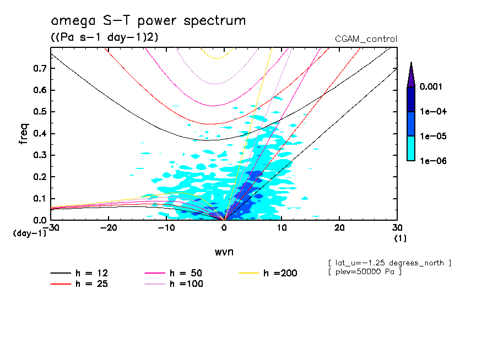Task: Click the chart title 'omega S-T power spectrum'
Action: tap(148, 21)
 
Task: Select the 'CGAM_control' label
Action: tap(366, 39)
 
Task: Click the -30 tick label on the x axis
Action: tap(51, 228)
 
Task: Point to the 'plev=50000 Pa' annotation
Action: tap(364, 272)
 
